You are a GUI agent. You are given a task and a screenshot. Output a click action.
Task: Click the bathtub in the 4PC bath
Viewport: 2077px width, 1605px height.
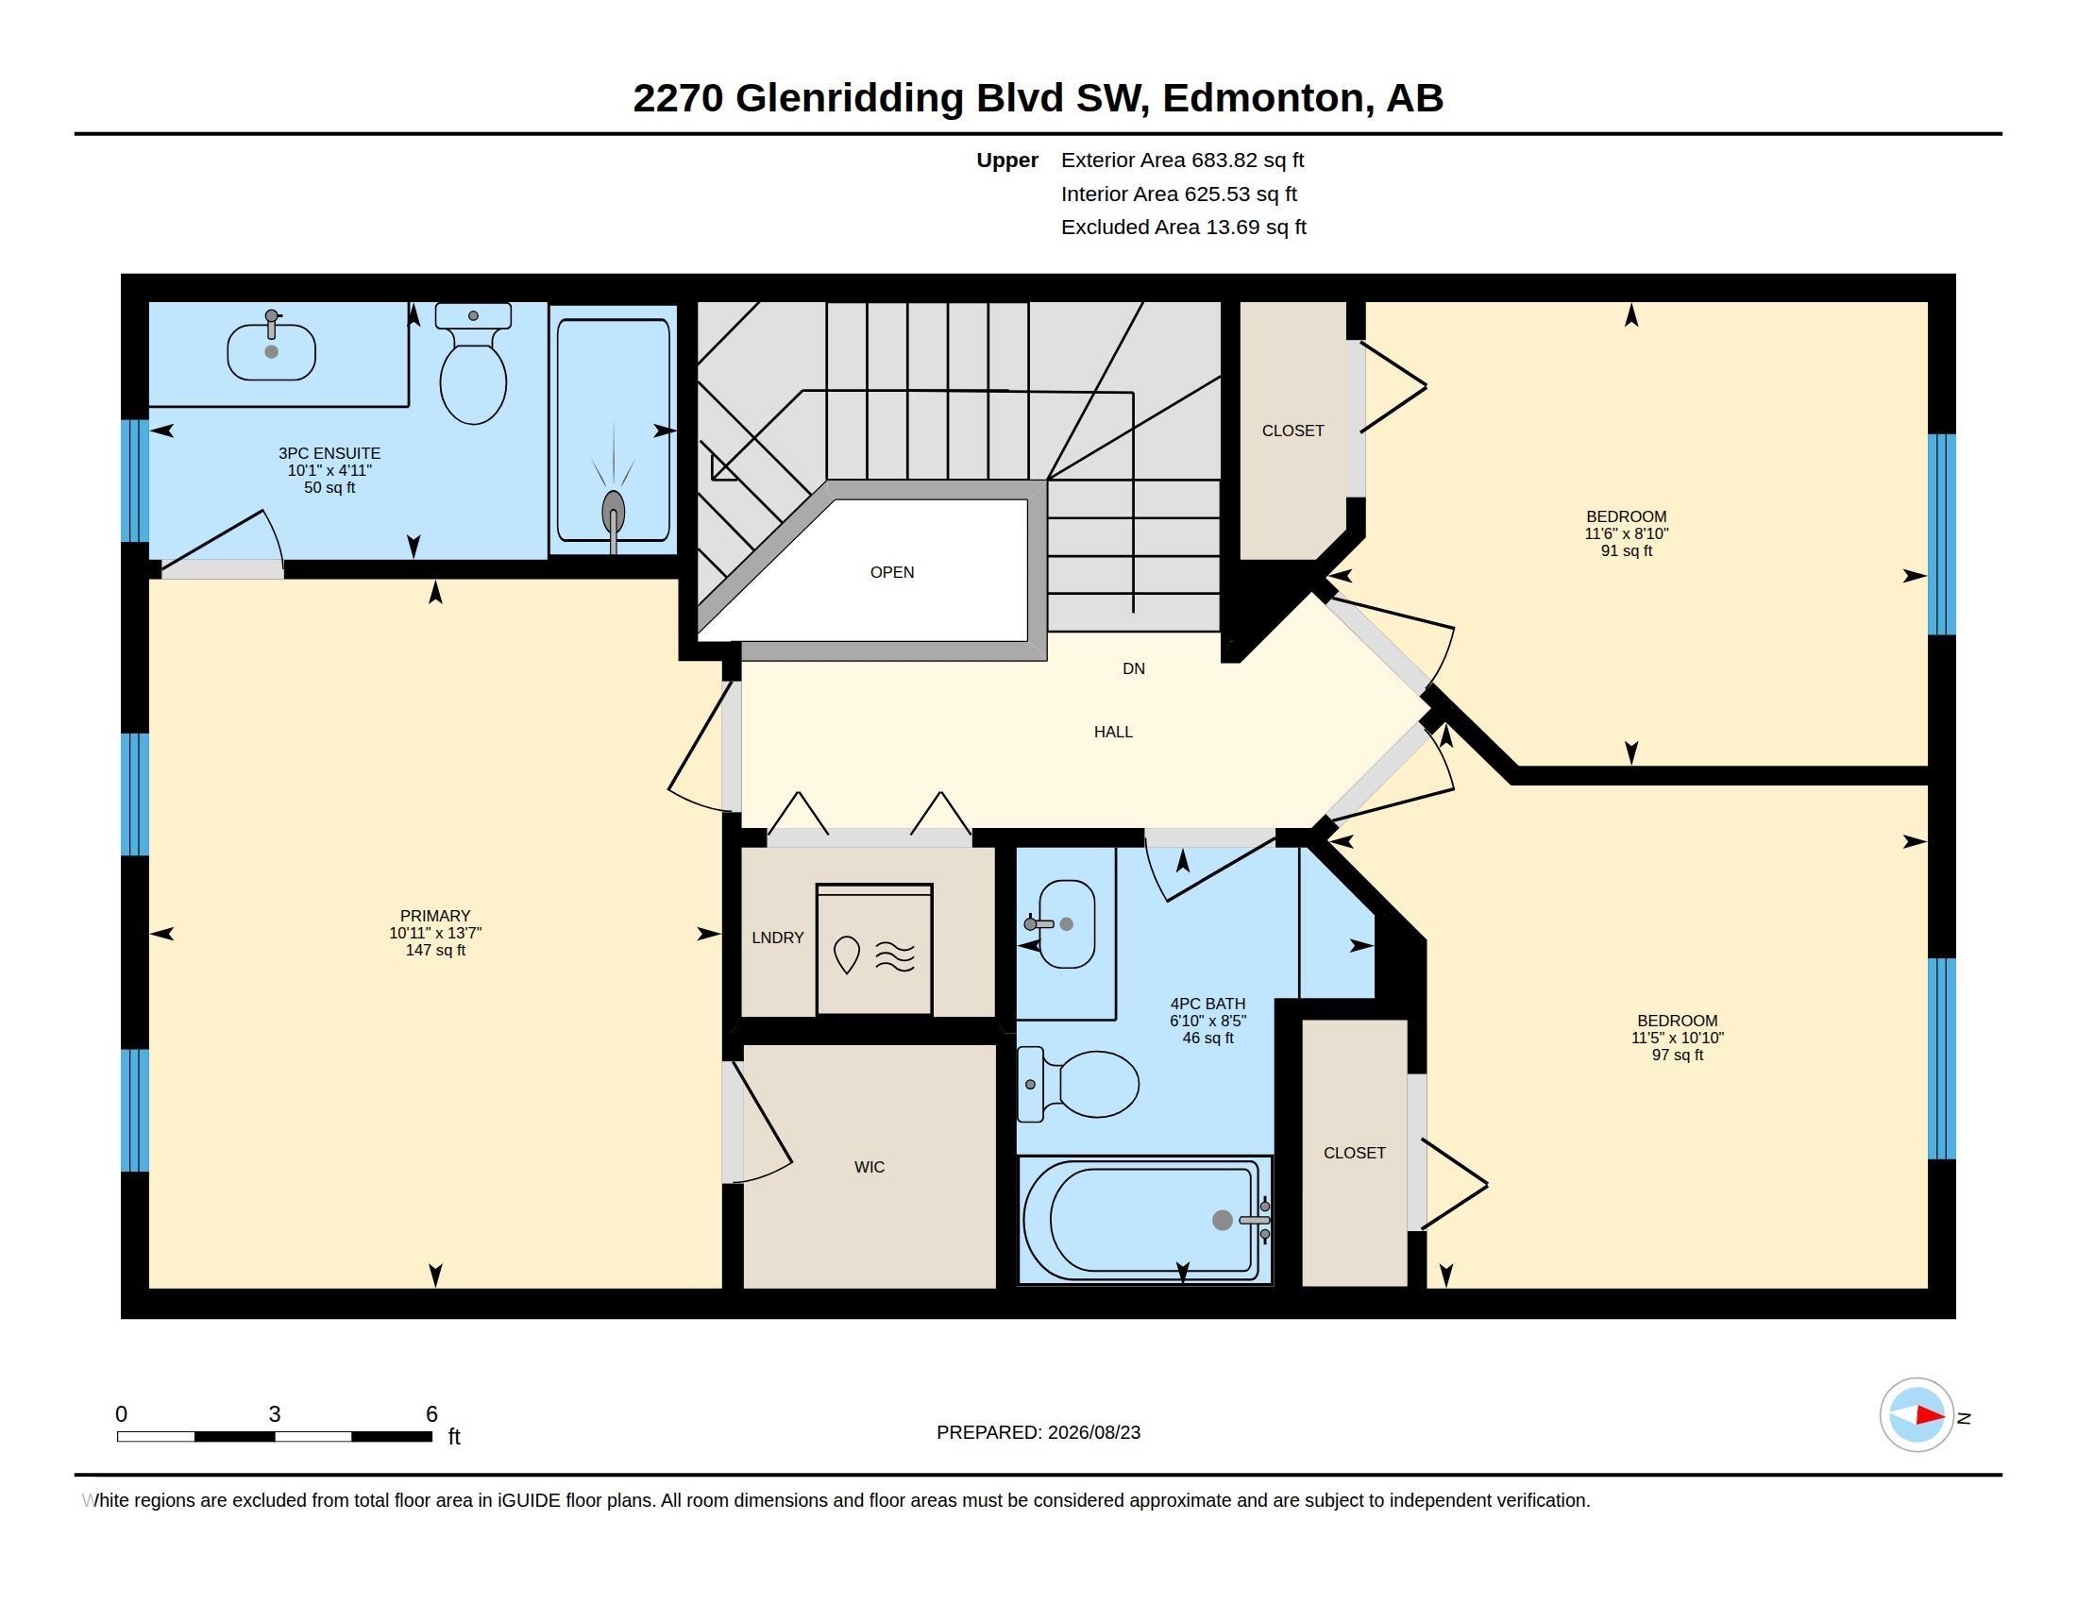coord(1145,1219)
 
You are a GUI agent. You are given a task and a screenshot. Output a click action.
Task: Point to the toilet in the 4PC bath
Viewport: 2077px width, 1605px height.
coord(1077,1084)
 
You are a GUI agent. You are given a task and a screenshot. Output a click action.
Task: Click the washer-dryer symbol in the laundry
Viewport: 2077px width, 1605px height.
coord(874,949)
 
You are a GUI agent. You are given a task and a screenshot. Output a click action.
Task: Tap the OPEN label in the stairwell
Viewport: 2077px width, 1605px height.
coord(892,572)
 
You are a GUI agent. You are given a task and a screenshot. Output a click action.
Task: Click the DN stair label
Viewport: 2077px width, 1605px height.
coord(1134,668)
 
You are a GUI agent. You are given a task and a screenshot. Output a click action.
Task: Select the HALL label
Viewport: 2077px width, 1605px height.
coord(1113,732)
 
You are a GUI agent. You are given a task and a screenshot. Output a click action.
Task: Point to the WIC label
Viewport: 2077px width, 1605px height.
coord(870,1168)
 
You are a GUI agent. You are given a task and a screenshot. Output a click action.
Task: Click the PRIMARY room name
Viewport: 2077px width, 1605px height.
coord(434,917)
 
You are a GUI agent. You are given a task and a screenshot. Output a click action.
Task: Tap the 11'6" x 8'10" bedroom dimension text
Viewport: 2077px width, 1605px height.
coord(1627,534)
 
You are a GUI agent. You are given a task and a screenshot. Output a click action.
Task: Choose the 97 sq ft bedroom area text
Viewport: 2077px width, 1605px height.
coord(1678,1056)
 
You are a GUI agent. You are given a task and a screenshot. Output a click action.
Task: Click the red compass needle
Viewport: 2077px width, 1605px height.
coord(1931,1416)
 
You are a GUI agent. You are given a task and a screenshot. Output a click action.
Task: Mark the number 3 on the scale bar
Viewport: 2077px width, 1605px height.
coord(274,1414)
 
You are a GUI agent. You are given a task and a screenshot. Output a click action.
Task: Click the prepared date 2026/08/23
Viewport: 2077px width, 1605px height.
coord(1091,1433)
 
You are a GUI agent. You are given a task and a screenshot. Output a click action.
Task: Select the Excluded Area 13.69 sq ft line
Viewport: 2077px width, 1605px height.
coord(1183,228)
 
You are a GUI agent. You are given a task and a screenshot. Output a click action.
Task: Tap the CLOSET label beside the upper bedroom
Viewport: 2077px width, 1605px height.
coord(1292,431)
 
